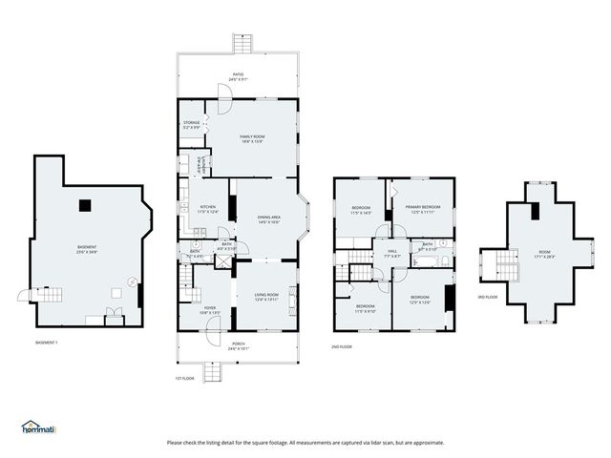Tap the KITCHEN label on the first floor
(x=207, y=209)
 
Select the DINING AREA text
(x=268, y=219)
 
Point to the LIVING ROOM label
(x=264, y=297)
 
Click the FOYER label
(x=210, y=309)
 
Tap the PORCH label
(x=238, y=345)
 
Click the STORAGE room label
(x=192, y=124)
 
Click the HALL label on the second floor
(x=390, y=254)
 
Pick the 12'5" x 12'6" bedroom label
(x=420, y=300)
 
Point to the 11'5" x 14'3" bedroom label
(x=361, y=210)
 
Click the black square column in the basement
(x=86, y=202)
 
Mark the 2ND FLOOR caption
(x=342, y=346)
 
